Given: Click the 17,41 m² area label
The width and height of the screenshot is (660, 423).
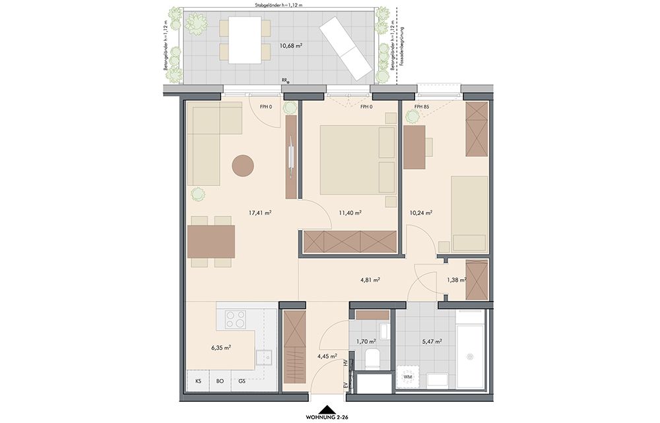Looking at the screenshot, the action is click(259, 213).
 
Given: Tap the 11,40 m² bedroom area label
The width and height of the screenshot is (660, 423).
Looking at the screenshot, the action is click(350, 213).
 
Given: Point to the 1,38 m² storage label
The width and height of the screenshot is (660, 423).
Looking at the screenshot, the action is click(456, 280).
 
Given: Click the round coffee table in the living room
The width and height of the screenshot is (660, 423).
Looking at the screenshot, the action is click(243, 166).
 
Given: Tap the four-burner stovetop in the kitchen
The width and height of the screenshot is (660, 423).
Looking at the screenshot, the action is click(236, 319).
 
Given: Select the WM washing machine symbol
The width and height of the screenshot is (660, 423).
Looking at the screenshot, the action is click(408, 376).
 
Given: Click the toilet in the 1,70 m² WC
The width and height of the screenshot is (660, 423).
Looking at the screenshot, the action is click(371, 358).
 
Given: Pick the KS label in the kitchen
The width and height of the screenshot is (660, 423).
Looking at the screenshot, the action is click(198, 381).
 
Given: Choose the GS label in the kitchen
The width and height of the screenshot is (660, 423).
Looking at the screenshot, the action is click(242, 381).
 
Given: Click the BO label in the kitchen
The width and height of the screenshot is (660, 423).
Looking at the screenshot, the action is click(220, 381).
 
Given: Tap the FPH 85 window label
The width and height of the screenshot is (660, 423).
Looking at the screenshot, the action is click(421, 107).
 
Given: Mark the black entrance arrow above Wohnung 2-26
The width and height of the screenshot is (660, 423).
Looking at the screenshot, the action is click(327, 410).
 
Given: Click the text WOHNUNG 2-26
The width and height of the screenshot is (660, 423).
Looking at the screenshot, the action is click(327, 418).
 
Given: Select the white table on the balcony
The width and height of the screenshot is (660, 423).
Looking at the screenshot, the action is click(245, 40).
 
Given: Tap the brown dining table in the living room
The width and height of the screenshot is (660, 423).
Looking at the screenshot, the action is click(211, 242).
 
